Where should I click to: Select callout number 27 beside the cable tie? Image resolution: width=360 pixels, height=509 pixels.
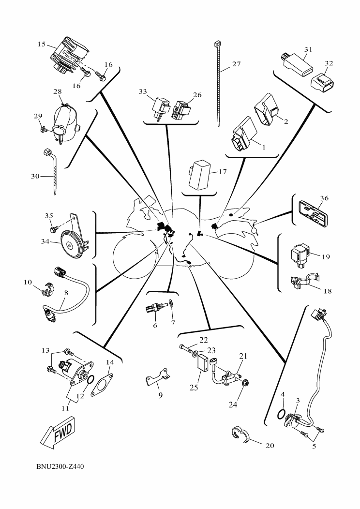(236, 64)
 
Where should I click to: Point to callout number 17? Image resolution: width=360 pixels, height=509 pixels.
(222, 171)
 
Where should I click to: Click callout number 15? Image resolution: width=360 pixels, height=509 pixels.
(42, 44)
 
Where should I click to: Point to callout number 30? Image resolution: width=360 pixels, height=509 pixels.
(35, 177)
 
